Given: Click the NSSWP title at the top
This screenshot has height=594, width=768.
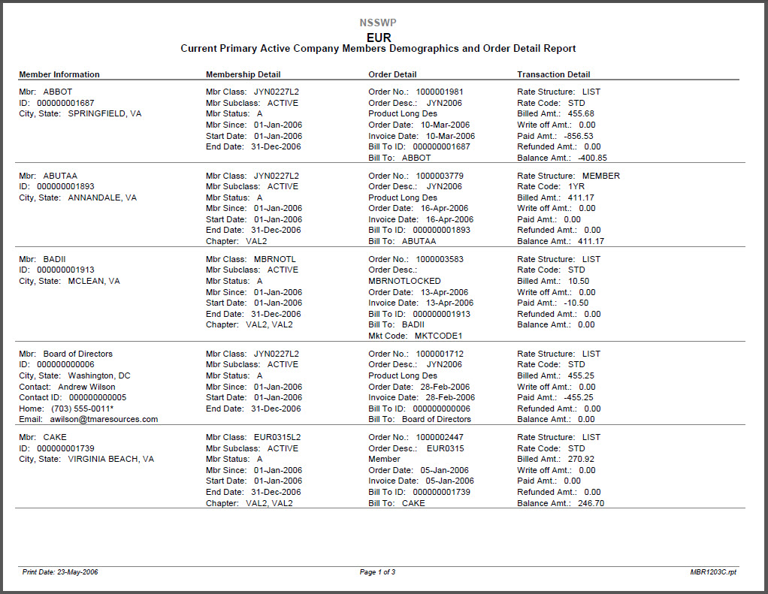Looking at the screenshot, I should click(378, 23).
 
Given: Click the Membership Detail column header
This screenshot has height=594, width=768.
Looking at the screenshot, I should click(243, 74).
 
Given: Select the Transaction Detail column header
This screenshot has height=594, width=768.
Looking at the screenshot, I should click(553, 74).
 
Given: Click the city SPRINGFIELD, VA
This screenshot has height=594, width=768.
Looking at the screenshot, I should click(104, 114).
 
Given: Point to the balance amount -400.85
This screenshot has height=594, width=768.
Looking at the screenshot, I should click(592, 158).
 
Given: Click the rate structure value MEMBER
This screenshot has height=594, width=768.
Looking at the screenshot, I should click(601, 176).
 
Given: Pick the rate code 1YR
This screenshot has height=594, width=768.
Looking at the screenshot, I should click(576, 186).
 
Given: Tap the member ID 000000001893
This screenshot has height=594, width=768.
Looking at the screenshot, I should click(65, 186).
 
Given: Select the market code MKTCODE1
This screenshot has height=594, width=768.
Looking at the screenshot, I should click(438, 336).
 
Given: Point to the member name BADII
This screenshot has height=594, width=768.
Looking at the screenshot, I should click(55, 259).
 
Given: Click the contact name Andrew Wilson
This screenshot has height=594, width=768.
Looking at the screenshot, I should click(86, 387).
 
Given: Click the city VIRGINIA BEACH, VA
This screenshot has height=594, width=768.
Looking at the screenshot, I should click(111, 459).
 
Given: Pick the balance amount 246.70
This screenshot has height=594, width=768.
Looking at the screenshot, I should click(591, 503).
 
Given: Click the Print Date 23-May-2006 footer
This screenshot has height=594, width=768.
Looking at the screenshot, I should click(60, 572).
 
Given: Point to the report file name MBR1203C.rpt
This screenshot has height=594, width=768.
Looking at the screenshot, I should click(714, 572).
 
